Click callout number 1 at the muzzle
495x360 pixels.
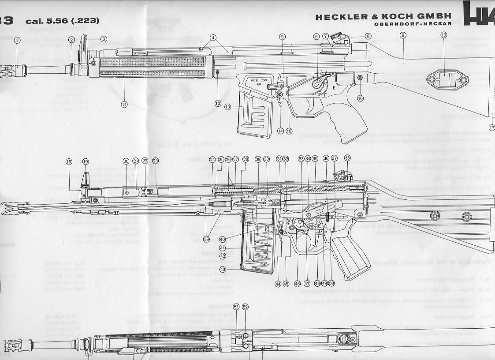point(17,40)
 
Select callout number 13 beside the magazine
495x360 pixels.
point(227,107)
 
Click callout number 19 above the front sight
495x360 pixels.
point(85,161)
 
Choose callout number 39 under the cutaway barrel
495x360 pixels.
point(206,239)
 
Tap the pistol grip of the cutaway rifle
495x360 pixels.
point(348,256)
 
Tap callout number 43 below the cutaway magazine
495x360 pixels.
point(223,270)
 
